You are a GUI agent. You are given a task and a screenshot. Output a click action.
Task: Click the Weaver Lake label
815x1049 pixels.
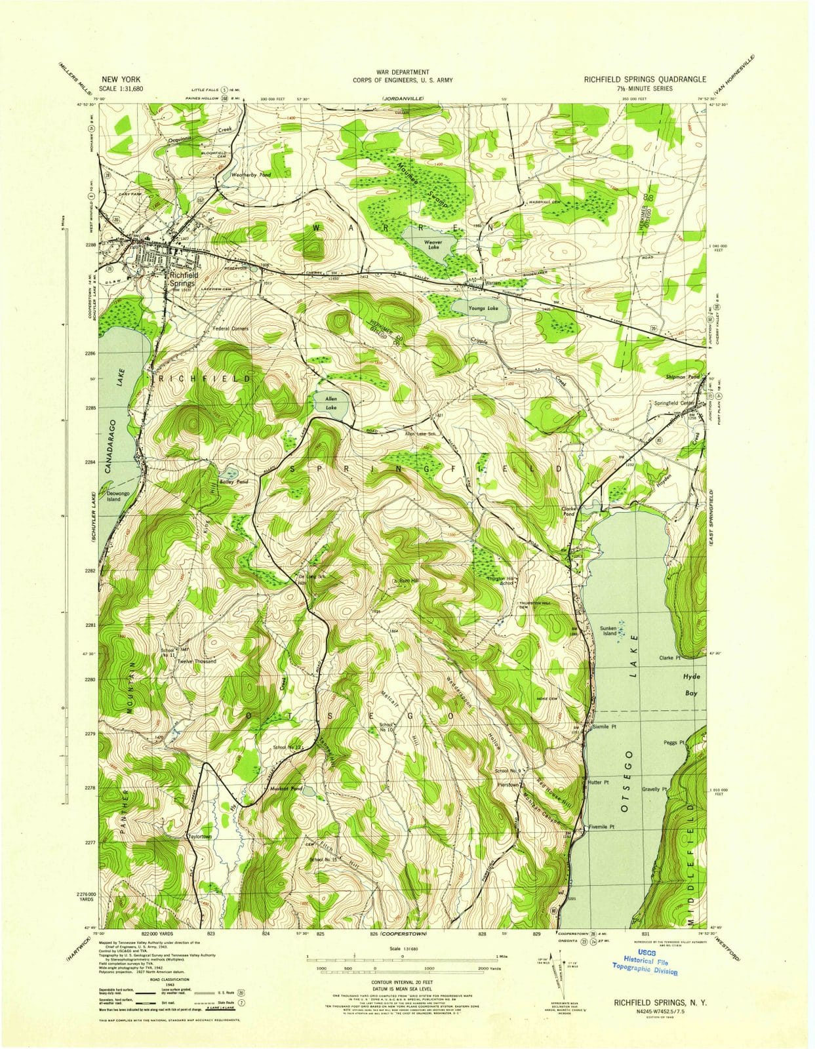coord(433,245)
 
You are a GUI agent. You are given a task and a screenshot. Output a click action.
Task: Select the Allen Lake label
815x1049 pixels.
coord(327,403)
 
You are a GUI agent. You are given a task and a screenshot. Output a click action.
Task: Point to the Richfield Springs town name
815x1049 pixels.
coord(182,280)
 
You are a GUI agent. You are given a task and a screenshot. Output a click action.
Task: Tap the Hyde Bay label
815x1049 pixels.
coord(691,684)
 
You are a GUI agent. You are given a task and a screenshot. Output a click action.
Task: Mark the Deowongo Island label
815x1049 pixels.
coord(110,496)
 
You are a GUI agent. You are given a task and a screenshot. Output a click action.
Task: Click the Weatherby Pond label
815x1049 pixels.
coord(251,175)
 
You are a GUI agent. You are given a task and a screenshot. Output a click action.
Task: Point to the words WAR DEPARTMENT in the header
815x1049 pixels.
coord(403,71)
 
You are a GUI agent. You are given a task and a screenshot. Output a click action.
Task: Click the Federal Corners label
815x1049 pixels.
coord(229,328)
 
